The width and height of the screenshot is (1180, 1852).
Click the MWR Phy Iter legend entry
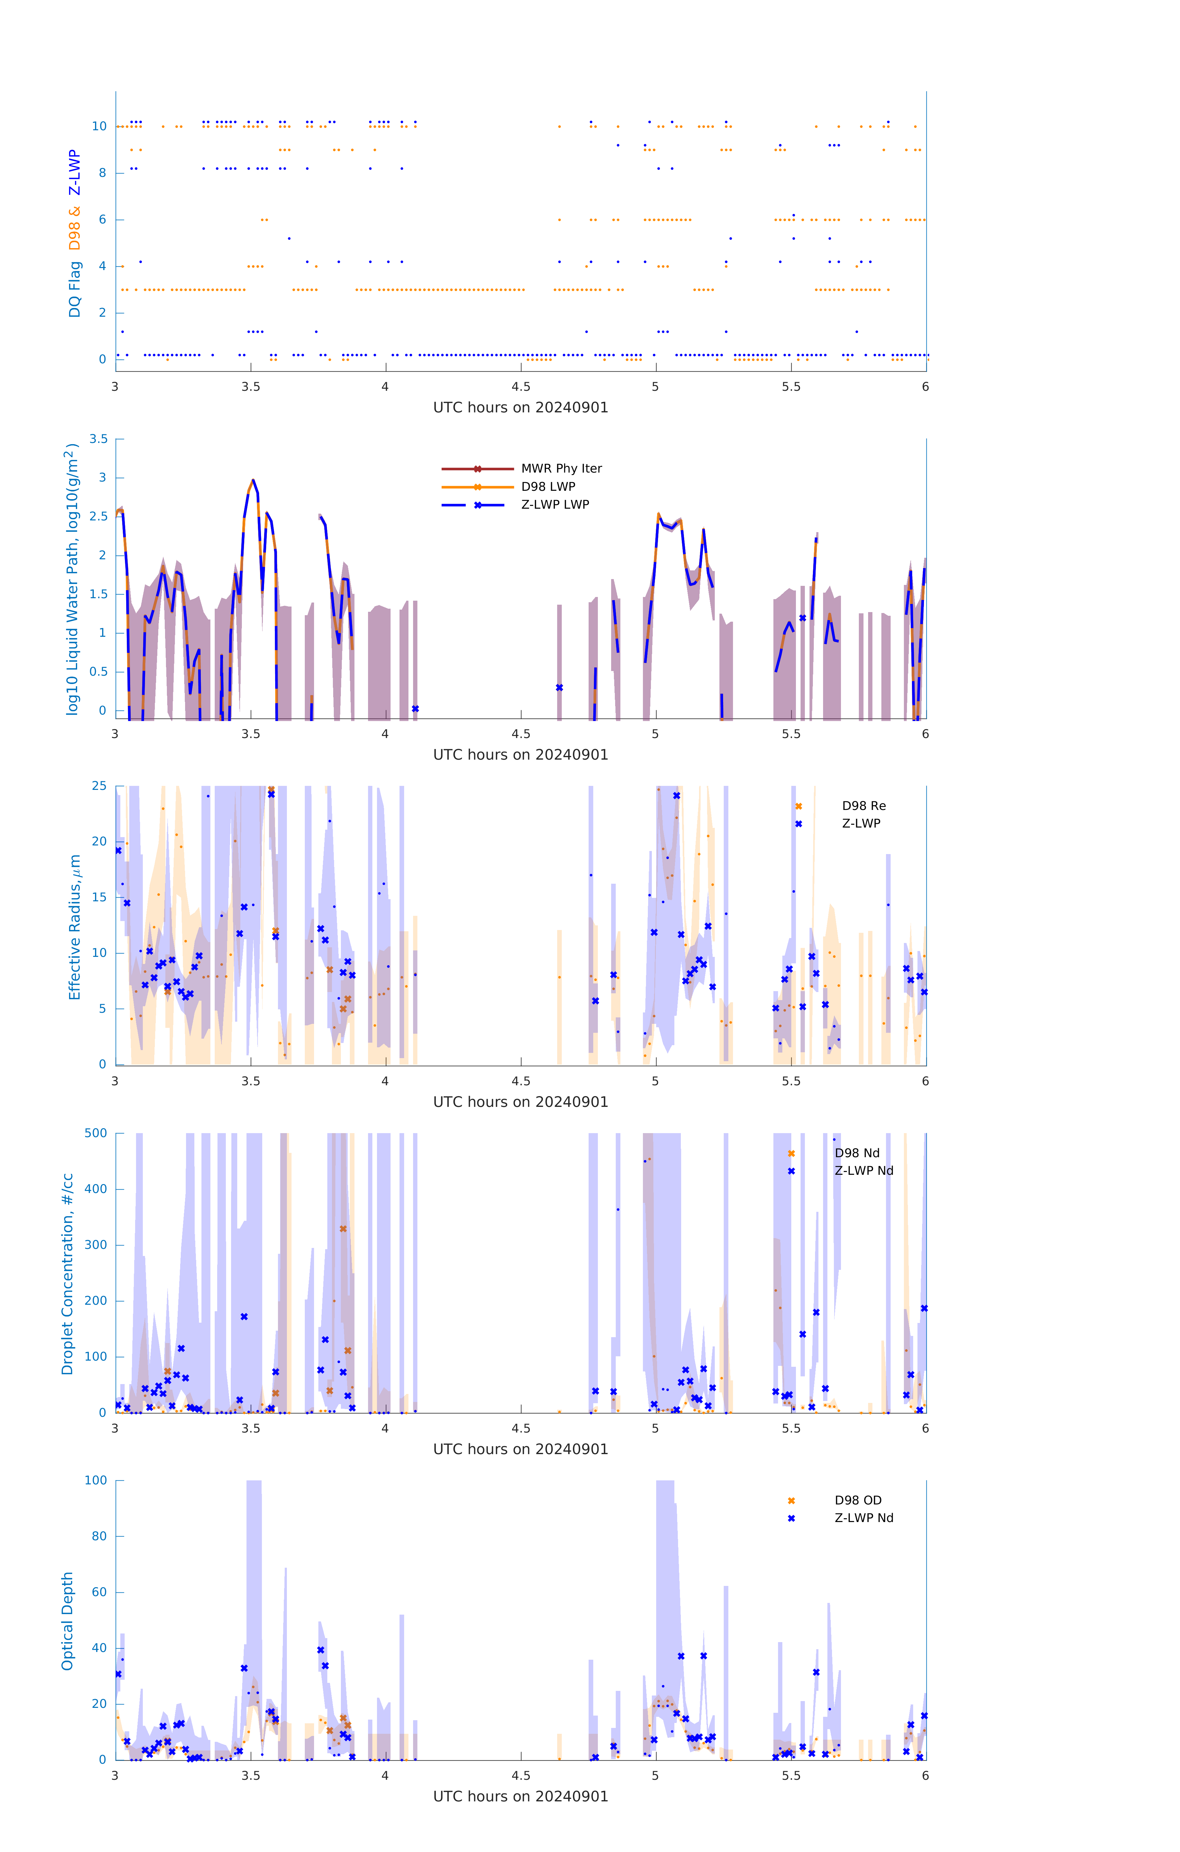click(561, 468)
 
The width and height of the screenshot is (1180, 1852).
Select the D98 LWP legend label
click(548, 486)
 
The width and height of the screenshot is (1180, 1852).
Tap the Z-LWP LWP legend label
click(555, 505)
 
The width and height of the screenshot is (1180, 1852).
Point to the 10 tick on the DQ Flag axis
click(99, 126)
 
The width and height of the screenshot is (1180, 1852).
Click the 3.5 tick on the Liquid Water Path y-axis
click(98, 439)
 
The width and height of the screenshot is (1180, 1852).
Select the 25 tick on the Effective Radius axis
click(99, 786)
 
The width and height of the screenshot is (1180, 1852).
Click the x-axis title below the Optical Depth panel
click(520, 1797)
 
